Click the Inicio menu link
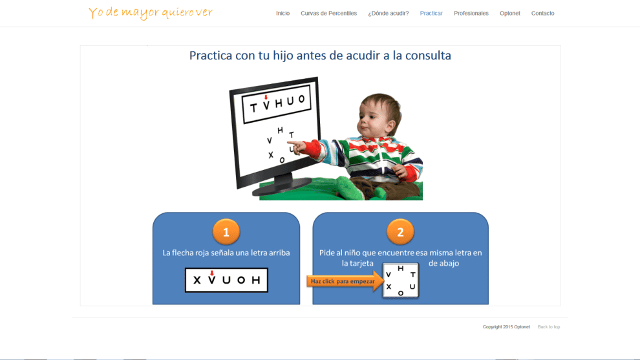point(283,13)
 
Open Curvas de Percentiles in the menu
point(328,13)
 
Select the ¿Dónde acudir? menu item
point(388,13)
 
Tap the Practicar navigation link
point(431,13)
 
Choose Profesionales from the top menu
point(471,13)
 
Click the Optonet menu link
point(510,13)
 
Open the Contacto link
point(542,13)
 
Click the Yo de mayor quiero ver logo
point(151,13)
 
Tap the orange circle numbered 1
point(226,232)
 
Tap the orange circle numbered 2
point(400,232)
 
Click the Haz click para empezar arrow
point(345,281)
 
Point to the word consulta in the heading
point(428,55)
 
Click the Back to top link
point(549,327)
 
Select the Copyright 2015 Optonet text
point(506,327)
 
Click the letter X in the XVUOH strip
point(197,280)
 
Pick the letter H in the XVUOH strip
point(256,280)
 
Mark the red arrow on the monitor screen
point(266,97)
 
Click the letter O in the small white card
point(400,293)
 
